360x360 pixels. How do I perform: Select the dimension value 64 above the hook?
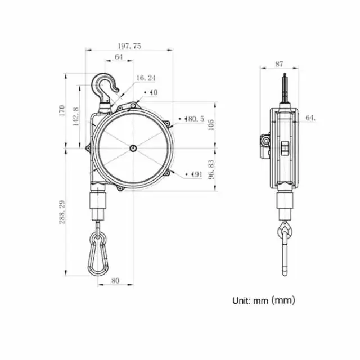[119, 57]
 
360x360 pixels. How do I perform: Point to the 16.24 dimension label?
[146, 78]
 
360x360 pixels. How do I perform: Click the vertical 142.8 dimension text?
[76, 116]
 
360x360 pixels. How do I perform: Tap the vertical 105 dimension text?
[211, 125]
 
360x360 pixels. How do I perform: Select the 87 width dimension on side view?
[279, 64]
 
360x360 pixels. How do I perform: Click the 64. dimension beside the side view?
[310, 118]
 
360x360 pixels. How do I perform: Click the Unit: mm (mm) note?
[263, 300]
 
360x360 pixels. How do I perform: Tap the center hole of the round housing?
[132, 148]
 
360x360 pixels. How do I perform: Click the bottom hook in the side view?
[285, 231]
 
